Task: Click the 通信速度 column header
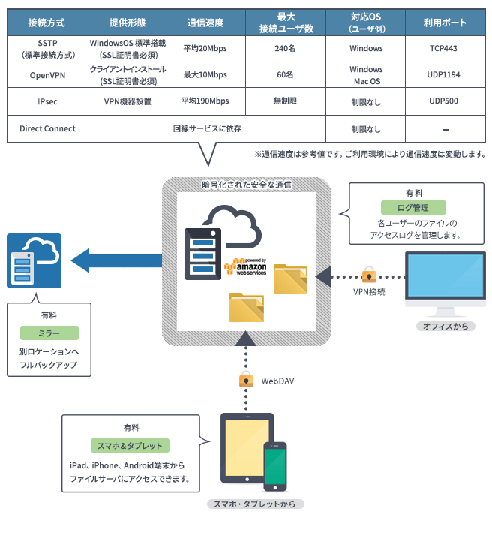click(x=205, y=23)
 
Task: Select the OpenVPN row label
click(x=47, y=75)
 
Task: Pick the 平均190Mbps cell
click(x=205, y=101)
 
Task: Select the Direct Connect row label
click(x=47, y=128)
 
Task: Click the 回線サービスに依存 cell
click(x=217, y=128)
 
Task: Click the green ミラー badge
click(x=49, y=332)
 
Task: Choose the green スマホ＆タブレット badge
click(x=130, y=445)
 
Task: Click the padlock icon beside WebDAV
click(x=246, y=381)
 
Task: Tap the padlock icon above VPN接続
click(x=368, y=273)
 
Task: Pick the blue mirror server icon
click(x=34, y=260)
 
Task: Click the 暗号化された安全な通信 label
click(x=247, y=184)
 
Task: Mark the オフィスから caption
click(x=445, y=326)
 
